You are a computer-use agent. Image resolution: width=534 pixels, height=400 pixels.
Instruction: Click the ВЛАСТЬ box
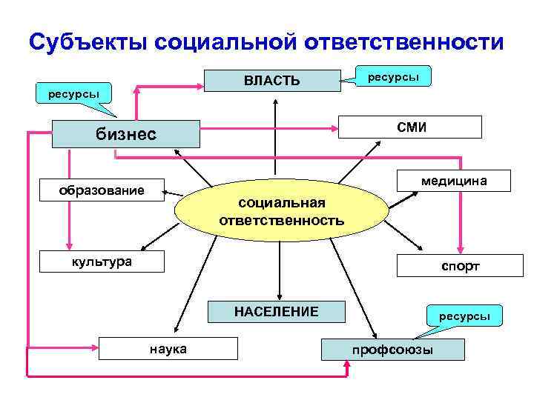pos(272,80)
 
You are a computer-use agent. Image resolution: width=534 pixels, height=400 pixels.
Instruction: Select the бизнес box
pos(127,134)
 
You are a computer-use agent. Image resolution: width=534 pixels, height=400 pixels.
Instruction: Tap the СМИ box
pos(411,127)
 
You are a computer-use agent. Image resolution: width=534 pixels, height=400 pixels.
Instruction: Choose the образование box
pos(102,190)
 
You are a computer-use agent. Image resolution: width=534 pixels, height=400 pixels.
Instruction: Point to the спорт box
pos(460,266)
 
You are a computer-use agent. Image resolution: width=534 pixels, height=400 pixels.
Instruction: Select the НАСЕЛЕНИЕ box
pos(277,311)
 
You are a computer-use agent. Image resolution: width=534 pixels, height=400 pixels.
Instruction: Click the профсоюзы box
pos(393,349)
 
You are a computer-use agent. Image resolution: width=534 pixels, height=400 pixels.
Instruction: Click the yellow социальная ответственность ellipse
pos(282,211)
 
